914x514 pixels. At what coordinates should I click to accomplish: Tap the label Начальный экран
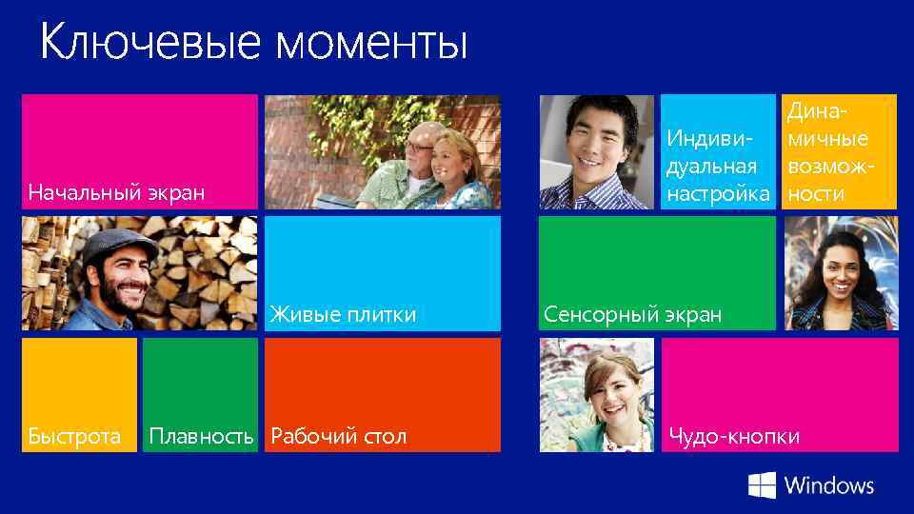tap(116, 193)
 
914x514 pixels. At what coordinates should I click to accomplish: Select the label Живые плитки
tap(343, 314)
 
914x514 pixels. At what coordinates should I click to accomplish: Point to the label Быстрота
tap(74, 437)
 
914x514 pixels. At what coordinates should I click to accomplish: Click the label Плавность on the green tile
tap(201, 437)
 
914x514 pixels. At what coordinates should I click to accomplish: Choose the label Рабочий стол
tap(338, 437)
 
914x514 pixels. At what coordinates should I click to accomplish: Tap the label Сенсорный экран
tap(632, 314)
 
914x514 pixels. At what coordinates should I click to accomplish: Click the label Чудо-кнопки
tap(733, 437)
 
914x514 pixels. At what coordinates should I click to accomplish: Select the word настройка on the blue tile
tap(718, 194)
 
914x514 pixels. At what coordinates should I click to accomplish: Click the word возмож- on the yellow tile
tap(825, 167)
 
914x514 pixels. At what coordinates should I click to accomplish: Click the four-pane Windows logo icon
tap(762, 484)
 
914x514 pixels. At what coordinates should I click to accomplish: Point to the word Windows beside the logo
tap(828, 484)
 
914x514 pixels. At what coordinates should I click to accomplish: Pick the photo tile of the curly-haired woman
tap(840, 273)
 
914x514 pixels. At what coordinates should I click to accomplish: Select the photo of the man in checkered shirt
tap(596, 151)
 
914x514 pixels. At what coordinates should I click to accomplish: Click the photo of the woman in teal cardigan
tap(596, 394)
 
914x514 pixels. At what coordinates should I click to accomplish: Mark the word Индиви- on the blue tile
tap(708, 140)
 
